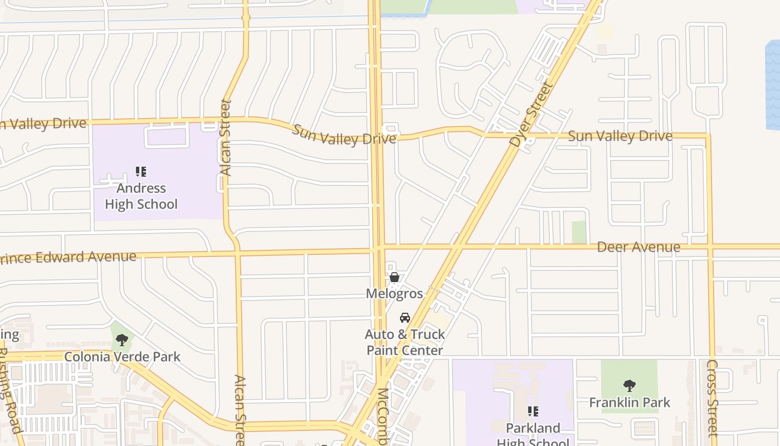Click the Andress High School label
point(141,196)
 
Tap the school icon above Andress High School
point(141,171)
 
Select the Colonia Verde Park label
point(122,357)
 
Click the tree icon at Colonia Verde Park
point(122,340)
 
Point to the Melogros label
point(394,293)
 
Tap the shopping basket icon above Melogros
point(394,277)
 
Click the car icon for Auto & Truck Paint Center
point(405,318)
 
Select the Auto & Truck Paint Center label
point(405,342)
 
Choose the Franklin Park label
point(630,403)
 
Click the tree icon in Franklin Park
point(630,385)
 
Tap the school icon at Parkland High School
point(533,411)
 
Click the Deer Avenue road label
point(638,247)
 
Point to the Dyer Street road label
point(532,115)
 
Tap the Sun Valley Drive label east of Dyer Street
point(620,136)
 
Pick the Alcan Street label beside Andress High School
point(226,138)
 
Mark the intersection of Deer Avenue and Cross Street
point(710,246)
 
